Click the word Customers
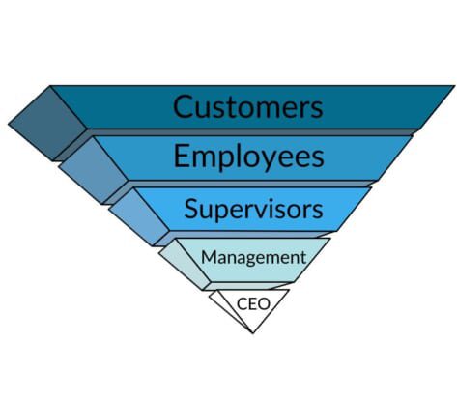click(247, 106)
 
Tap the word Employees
click(248, 156)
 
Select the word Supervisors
click(253, 209)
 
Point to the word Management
click(253, 258)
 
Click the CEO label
click(253, 303)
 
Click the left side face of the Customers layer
click(48, 123)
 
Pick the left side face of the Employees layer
click(94, 170)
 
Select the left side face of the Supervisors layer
click(139, 216)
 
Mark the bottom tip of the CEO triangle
click(253, 333)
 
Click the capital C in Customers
click(183, 106)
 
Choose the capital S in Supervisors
click(190, 209)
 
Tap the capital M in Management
click(209, 257)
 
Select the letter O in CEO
click(263, 304)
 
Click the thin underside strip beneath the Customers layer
click(235, 132)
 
